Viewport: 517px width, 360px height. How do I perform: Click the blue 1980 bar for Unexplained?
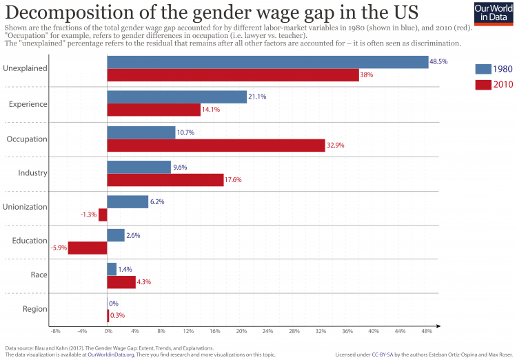pos(268,62)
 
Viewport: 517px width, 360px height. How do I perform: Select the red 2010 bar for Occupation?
pos(216,146)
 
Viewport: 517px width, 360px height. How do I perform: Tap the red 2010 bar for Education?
pos(88,248)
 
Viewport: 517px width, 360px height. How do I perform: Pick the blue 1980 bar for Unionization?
pos(128,201)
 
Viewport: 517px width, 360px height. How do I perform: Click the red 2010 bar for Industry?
pos(165,180)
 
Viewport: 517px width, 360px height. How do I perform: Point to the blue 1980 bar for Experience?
pos(177,97)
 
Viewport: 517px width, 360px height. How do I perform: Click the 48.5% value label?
pos(438,61)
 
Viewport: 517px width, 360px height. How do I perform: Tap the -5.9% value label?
pos(58,248)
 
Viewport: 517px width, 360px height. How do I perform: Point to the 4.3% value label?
pos(144,281)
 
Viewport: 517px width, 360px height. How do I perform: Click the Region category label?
pos(35,309)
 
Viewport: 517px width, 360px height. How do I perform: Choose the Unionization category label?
pos(26,207)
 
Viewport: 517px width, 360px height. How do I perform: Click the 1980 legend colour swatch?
pos(483,69)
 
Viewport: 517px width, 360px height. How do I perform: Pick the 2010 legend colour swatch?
pos(483,85)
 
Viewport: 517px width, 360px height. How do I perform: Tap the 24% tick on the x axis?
pos(268,332)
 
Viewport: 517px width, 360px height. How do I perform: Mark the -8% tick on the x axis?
pos(56,332)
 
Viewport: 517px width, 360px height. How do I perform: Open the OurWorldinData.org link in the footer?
pos(110,354)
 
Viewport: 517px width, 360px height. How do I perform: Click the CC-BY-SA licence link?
pos(383,354)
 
